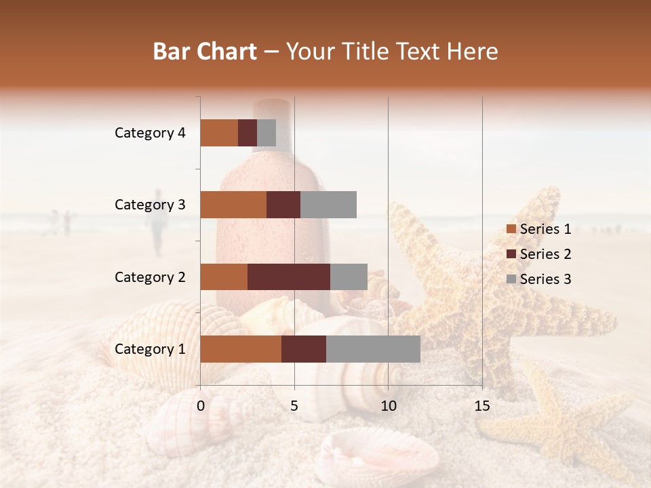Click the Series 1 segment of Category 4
[219, 133]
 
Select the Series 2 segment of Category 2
[289, 277]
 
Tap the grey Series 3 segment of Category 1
[373, 349]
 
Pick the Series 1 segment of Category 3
[233, 205]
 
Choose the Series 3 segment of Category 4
[267, 133]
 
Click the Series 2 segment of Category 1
[304, 349]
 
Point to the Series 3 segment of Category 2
[349, 277]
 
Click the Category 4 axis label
[150, 133]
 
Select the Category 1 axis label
[150, 349]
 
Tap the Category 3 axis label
[150, 205]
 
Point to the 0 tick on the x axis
[201, 406]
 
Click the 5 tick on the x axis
[294, 406]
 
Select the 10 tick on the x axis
[388, 406]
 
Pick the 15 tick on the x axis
[481, 406]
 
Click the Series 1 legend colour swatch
[511, 229]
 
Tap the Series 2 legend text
[545, 254]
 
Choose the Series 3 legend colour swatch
[511, 279]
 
